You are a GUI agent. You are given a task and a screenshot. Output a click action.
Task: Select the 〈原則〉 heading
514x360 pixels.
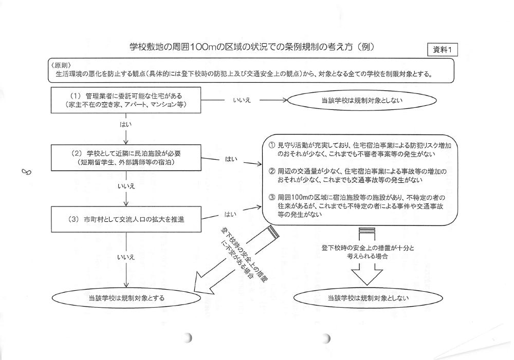[61, 65]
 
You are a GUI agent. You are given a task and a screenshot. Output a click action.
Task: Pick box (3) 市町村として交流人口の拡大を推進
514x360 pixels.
[126, 220]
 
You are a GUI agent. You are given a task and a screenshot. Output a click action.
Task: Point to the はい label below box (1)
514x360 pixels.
[126, 124]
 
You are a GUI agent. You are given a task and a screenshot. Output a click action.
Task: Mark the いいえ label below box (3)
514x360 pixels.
[126, 256]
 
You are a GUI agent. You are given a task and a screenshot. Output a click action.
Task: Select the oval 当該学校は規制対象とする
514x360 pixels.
[126, 297]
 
